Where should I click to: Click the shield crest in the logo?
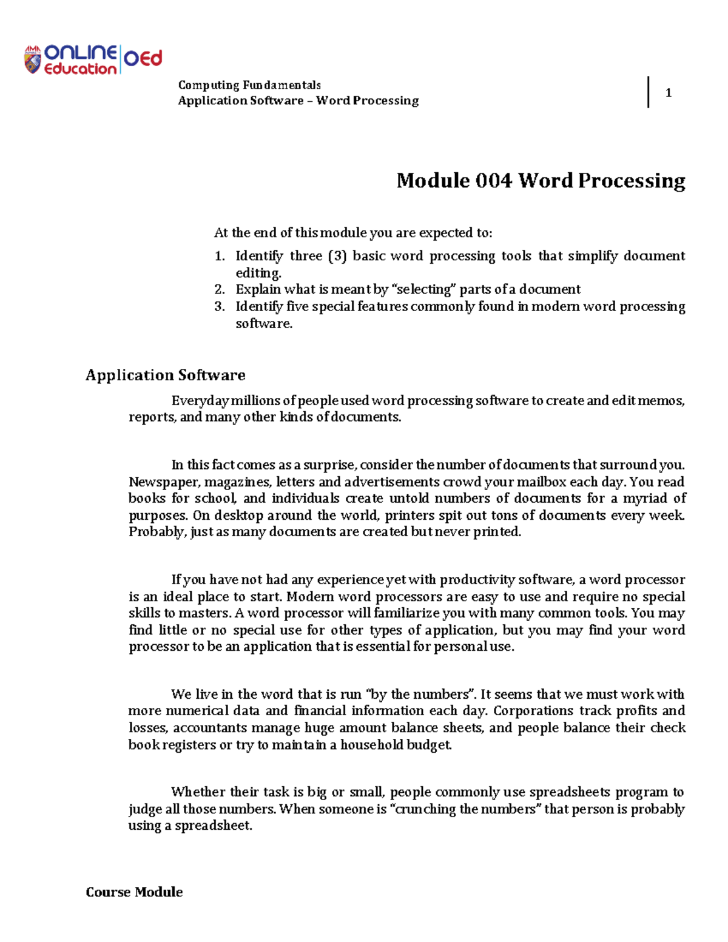(32, 60)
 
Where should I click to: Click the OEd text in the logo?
(143, 59)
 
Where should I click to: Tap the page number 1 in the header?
(668, 93)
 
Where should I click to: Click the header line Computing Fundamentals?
(249, 85)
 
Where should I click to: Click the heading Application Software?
(165, 375)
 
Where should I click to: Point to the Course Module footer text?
(134, 892)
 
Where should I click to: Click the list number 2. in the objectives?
(220, 289)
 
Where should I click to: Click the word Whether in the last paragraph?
(197, 792)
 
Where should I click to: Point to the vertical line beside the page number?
(649, 92)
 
